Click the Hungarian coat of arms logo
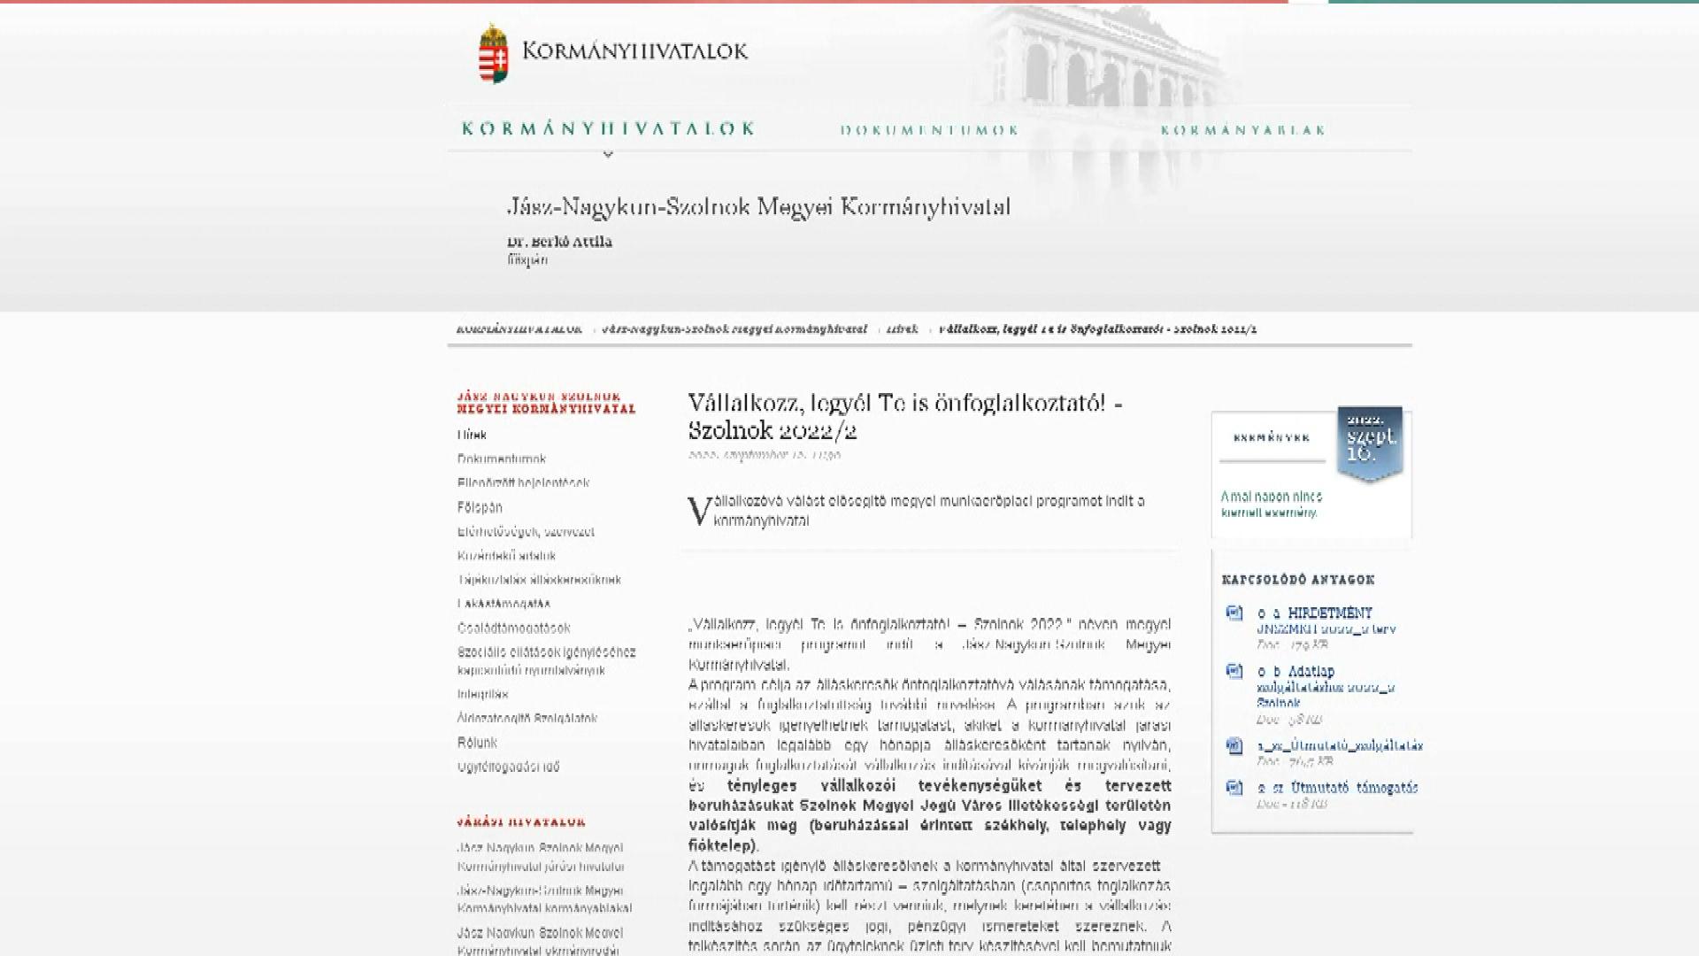[x=494, y=53]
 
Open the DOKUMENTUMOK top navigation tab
[x=929, y=130]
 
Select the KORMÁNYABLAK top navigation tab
[x=1243, y=130]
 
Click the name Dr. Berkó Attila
[x=559, y=242]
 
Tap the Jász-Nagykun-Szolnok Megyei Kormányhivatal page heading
[x=758, y=207]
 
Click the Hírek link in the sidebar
[x=472, y=435]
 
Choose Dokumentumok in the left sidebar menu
[x=502, y=459]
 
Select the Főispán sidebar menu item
[x=480, y=507]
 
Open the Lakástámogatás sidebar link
[x=504, y=604]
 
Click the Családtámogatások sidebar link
[x=514, y=628]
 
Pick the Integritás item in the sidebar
[x=483, y=694]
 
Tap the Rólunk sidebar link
[x=477, y=743]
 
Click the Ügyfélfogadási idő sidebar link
[x=509, y=767]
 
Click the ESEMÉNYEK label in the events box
[x=1272, y=437]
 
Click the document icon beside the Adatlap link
[x=1234, y=672]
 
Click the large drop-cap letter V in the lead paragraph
[x=699, y=512]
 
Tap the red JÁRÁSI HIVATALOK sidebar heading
[x=521, y=822]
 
